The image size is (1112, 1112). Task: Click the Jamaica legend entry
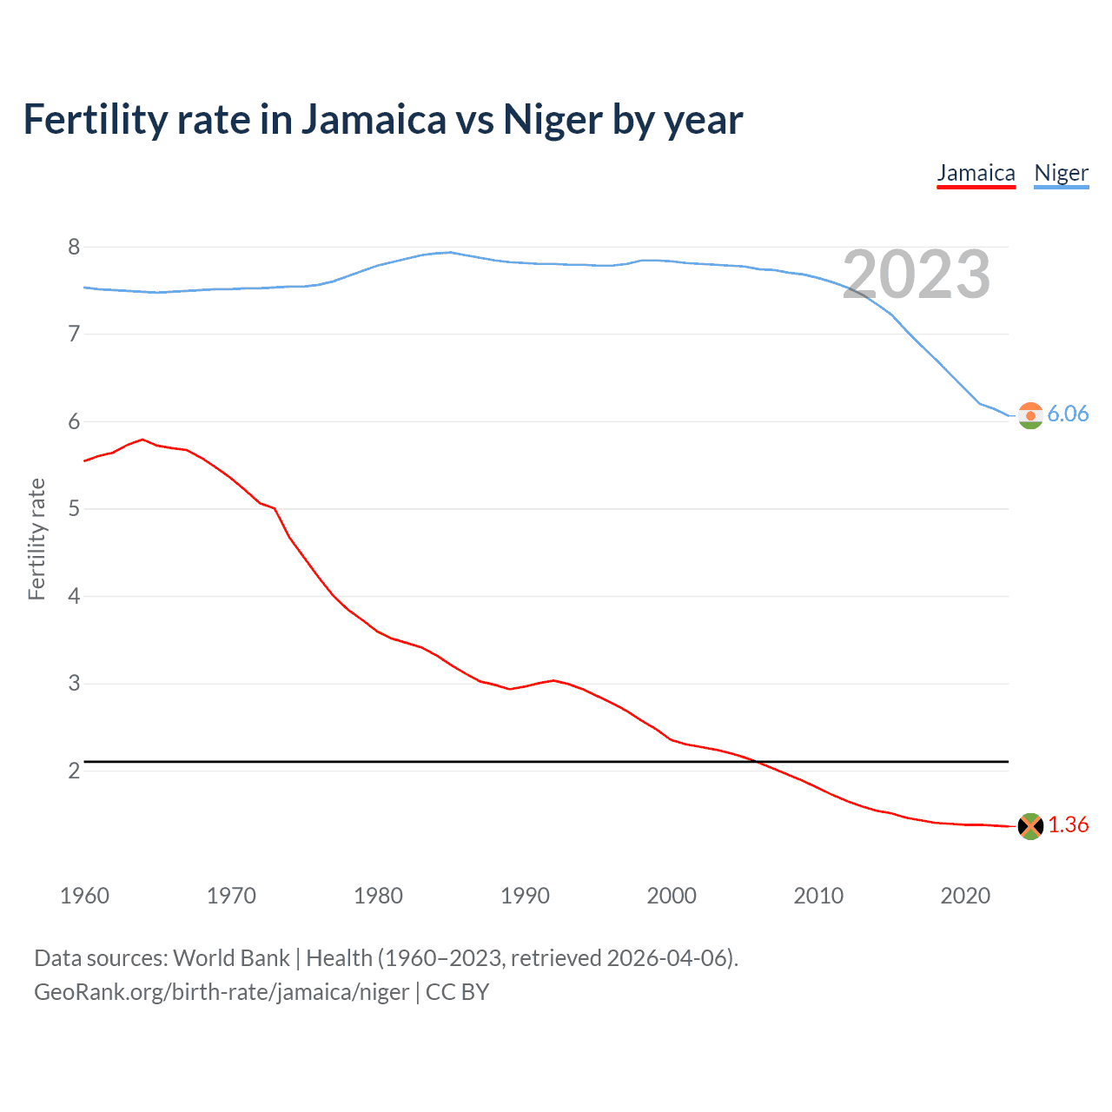(x=976, y=174)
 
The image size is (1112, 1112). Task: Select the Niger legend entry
(x=1061, y=174)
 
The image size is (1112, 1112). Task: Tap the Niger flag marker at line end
(x=1030, y=415)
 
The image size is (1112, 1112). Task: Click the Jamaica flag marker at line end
(x=1030, y=826)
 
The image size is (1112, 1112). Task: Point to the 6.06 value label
(x=1068, y=414)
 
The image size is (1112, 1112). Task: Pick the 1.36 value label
(x=1068, y=825)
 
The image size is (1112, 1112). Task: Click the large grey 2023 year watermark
(x=917, y=275)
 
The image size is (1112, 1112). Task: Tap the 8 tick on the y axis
(x=74, y=248)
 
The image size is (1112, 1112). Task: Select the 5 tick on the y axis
(x=74, y=509)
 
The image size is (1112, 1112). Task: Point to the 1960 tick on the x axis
(x=84, y=896)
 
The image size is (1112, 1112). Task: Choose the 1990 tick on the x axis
(x=525, y=896)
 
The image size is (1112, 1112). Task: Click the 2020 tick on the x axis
(x=965, y=896)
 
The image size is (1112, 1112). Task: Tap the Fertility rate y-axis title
(x=36, y=539)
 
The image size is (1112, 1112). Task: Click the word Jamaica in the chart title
(x=374, y=120)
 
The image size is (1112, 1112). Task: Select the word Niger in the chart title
(x=553, y=120)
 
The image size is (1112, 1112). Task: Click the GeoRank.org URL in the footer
(x=222, y=992)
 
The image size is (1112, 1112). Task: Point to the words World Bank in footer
(x=231, y=958)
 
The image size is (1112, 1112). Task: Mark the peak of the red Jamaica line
(x=142, y=440)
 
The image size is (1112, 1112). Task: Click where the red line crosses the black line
(x=758, y=762)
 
